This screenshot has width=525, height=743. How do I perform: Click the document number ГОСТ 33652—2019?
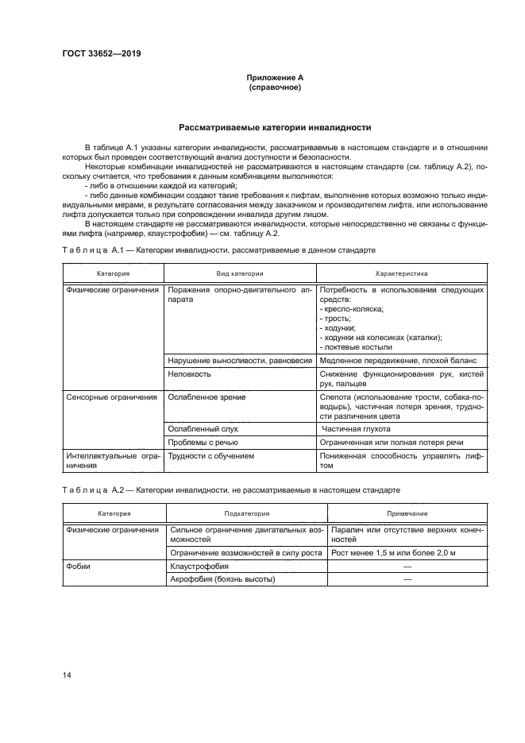pyautogui.click(x=98, y=54)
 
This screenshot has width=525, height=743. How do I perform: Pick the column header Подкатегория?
pyautogui.click(x=240, y=514)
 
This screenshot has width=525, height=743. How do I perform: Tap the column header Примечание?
pyautogui.click(x=401, y=514)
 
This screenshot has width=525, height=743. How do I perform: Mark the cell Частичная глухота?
pyautogui.click(x=355, y=428)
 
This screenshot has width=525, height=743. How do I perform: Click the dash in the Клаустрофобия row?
pyautogui.click(x=407, y=567)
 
